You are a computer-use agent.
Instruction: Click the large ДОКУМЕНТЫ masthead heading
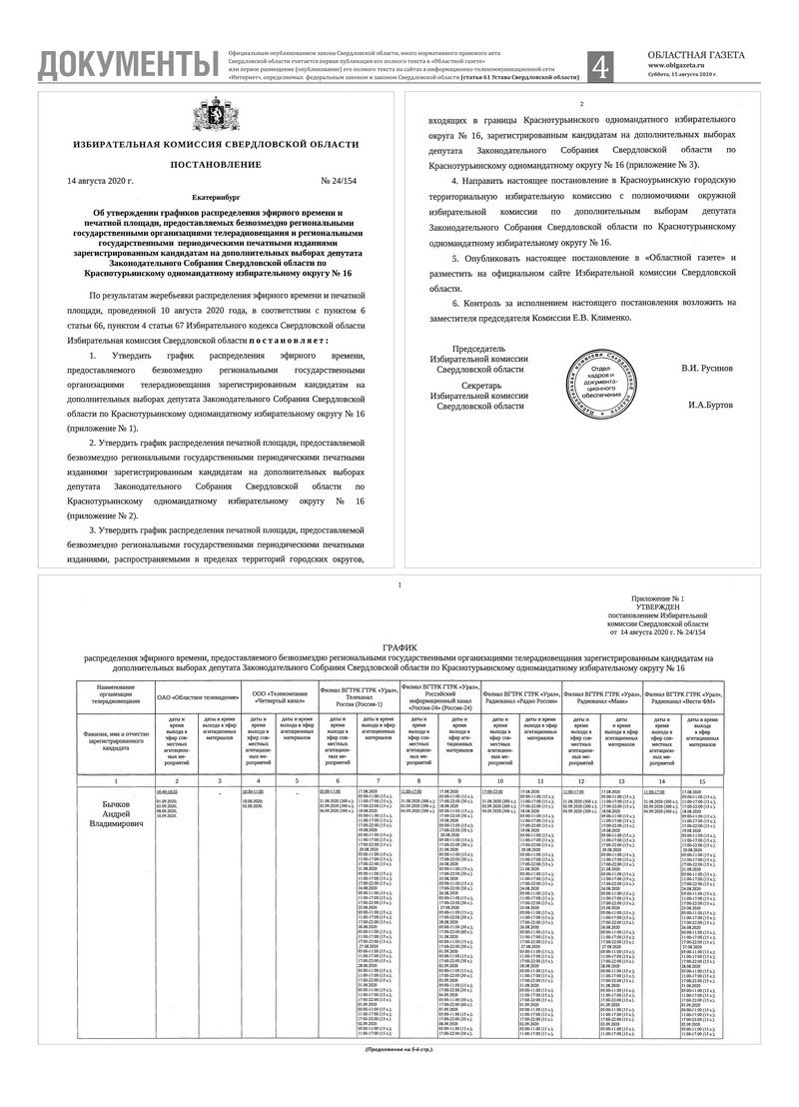point(127,65)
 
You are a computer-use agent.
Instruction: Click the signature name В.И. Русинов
point(707,369)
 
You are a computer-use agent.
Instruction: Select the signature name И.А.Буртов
point(710,406)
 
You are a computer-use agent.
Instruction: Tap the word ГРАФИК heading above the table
point(399,648)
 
